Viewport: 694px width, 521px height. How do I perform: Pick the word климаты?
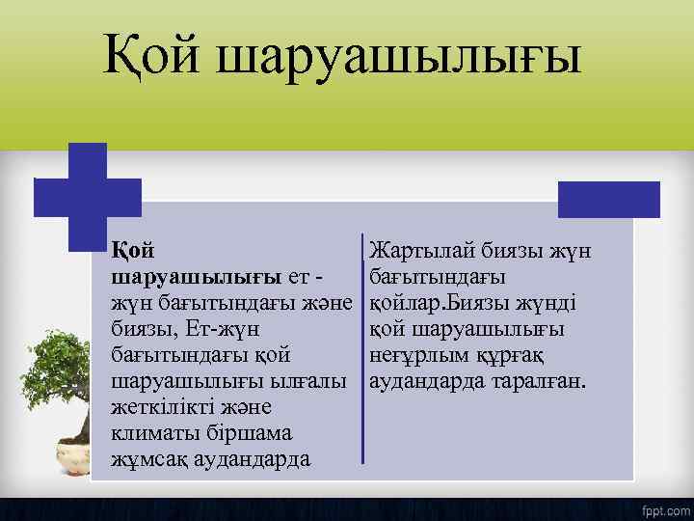154,432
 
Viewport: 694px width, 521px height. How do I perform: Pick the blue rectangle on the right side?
609,200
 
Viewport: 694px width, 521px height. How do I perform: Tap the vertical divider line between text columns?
362,347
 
